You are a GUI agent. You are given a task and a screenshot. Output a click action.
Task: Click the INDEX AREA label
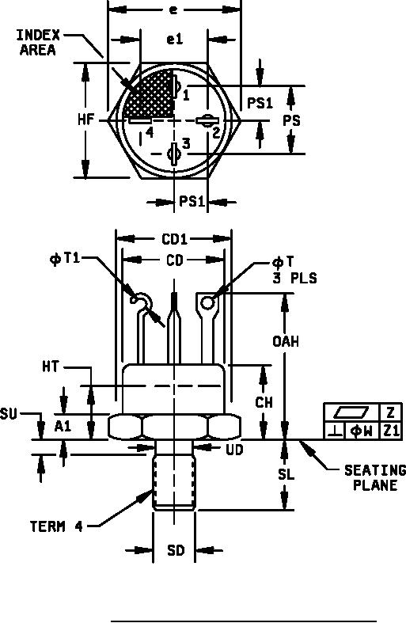click(x=38, y=43)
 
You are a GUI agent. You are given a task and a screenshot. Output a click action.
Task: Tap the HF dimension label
click(x=86, y=120)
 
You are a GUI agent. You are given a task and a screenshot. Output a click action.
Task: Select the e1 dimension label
click(x=174, y=40)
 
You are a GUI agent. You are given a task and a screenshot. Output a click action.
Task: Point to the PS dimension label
click(x=291, y=120)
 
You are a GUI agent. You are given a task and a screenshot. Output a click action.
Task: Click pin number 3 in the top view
click(x=186, y=143)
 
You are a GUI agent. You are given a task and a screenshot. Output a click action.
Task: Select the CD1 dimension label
click(x=174, y=239)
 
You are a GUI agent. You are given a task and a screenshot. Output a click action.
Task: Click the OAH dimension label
click(x=286, y=341)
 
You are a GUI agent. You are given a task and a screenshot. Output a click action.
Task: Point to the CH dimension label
click(x=264, y=402)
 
